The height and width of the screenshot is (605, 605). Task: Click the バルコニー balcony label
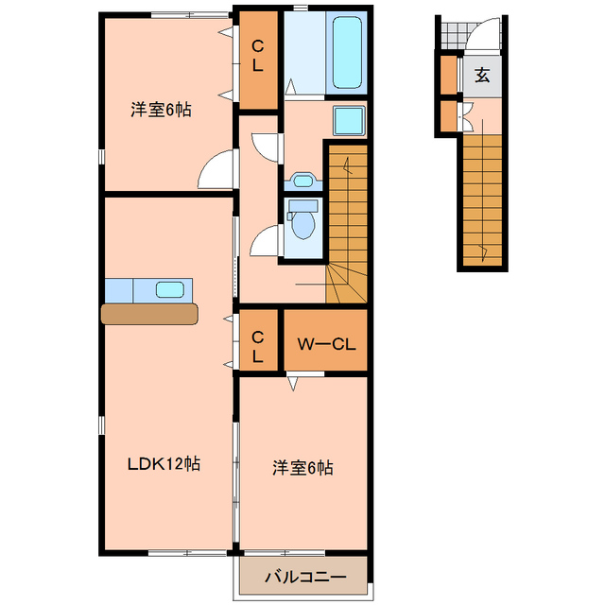pos(303,576)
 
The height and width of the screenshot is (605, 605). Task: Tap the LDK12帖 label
pos(164,464)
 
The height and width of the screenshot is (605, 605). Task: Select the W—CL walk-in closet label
pos(325,344)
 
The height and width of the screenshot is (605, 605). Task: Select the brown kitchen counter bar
pos(149,313)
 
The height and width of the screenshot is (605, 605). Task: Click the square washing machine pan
pos(349,120)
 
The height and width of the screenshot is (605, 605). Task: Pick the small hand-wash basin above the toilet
pos(303,181)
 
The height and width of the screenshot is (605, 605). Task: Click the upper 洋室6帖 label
pos(161,110)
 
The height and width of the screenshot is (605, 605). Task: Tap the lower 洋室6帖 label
pos(302,467)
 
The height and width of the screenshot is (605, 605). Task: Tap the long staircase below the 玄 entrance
pos(485,199)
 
